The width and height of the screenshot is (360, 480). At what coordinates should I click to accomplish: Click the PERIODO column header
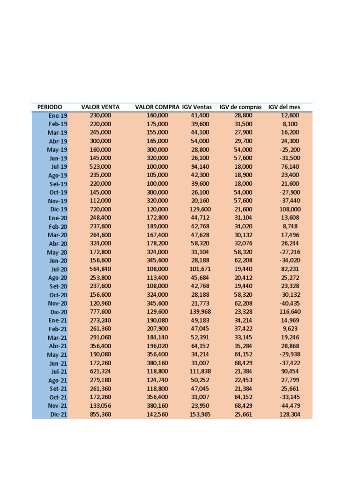point(50,107)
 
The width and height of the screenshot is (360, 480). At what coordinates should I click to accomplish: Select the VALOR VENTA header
point(100,107)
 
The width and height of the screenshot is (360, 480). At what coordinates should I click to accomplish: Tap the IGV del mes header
point(284,107)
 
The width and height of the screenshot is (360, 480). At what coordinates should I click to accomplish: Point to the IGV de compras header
point(240,107)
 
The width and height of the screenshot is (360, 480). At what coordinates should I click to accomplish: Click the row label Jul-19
point(59,166)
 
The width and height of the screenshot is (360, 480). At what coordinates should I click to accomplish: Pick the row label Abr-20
point(58,244)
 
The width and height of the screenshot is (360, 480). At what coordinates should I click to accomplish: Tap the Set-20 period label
point(59,286)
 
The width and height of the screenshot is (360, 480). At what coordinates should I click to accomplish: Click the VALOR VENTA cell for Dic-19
point(100,210)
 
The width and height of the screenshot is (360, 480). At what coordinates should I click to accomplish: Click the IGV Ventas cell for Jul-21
point(201,372)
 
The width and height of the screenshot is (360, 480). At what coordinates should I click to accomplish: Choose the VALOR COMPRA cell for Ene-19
point(157,115)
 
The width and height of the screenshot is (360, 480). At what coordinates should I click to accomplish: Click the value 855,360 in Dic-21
point(100,414)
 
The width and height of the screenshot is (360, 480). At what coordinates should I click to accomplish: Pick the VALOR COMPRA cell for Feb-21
point(157,329)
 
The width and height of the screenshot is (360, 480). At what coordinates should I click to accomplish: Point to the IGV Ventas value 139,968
point(201,312)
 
